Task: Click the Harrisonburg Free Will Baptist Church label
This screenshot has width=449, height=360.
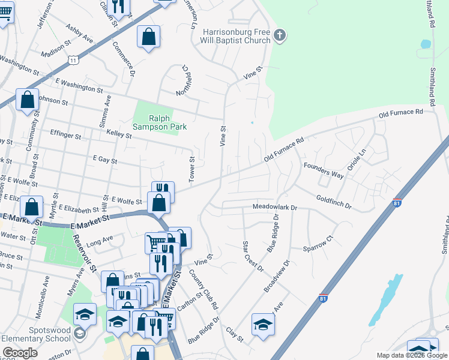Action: pos(237,36)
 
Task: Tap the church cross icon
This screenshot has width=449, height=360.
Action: pos(279,36)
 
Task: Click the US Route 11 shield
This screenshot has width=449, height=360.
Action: pos(73,61)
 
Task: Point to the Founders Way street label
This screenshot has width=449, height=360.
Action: pos(323,170)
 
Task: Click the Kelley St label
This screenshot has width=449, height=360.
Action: pos(119,134)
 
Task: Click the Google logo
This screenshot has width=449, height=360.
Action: pos(20,353)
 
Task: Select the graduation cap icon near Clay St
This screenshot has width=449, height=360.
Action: pos(263,325)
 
